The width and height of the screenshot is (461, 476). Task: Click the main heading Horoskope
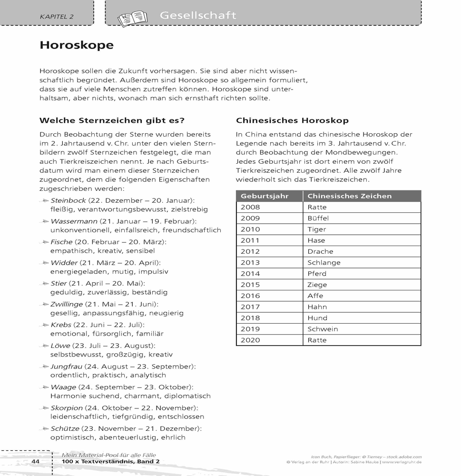coord(77,45)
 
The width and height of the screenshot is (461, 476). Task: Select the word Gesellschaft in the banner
coord(198,15)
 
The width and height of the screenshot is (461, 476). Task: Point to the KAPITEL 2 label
coord(57,17)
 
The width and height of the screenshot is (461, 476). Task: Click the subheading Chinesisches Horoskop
coord(292,120)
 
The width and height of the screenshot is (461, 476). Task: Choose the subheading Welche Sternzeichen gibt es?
coord(111,120)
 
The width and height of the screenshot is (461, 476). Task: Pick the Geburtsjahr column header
coord(265,196)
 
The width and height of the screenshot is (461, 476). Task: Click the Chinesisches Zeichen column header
coord(349,196)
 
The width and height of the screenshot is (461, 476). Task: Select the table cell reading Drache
coord(320,251)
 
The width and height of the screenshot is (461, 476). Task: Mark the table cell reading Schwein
coord(323,329)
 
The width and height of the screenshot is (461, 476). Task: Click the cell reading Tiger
coord(317,229)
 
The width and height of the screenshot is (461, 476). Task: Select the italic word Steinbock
coord(68,200)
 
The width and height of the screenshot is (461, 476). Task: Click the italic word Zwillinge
coord(67,304)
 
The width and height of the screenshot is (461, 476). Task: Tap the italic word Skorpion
coord(67,408)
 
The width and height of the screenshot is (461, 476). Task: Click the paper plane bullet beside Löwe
coord(44,346)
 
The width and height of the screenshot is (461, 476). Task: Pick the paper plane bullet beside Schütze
coord(44,429)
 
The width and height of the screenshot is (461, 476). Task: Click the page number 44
coord(35,462)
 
